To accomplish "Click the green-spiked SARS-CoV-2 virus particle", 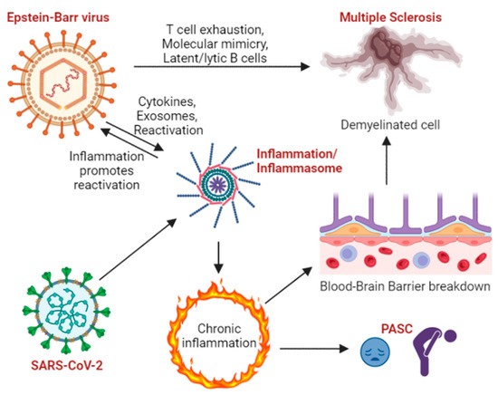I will click(62, 310).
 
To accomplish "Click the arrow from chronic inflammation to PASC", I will click(308, 345).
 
